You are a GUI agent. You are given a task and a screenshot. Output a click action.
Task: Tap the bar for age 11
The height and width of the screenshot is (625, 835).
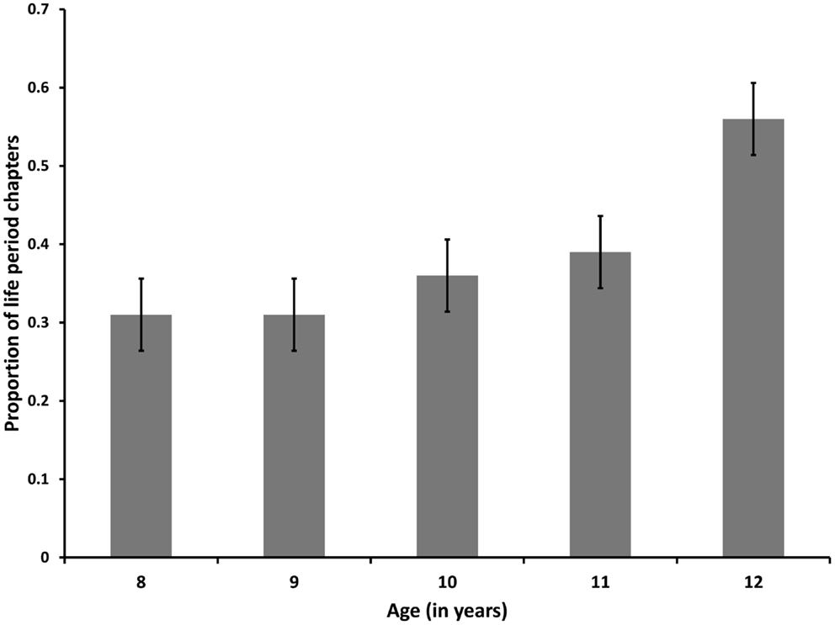(600, 405)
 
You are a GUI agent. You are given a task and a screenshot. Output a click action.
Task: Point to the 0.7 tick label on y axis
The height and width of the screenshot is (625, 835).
(41, 9)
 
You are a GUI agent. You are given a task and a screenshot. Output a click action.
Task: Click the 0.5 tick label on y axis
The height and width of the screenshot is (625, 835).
(41, 166)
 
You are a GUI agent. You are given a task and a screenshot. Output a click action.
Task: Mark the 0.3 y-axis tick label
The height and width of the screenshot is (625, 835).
(41, 322)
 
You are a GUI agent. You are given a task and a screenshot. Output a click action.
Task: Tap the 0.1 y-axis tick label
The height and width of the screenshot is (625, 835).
(41, 479)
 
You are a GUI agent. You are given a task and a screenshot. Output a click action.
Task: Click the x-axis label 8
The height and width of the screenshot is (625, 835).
(141, 581)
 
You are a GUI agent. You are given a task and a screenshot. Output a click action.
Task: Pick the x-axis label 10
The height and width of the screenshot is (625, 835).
(447, 581)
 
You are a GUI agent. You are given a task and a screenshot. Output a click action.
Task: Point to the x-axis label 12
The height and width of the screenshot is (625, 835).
(753, 581)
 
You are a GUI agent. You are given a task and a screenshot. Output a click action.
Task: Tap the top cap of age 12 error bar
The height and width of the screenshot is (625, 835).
(753, 83)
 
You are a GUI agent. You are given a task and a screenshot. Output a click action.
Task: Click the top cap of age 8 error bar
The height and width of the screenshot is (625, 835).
(141, 278)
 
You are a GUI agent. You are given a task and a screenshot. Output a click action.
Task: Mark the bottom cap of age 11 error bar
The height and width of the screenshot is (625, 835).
(600, 288)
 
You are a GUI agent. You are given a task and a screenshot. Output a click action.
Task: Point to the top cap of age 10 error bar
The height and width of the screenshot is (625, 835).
(447, 240)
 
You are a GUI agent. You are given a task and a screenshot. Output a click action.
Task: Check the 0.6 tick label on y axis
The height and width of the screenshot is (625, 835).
(41, 87)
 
